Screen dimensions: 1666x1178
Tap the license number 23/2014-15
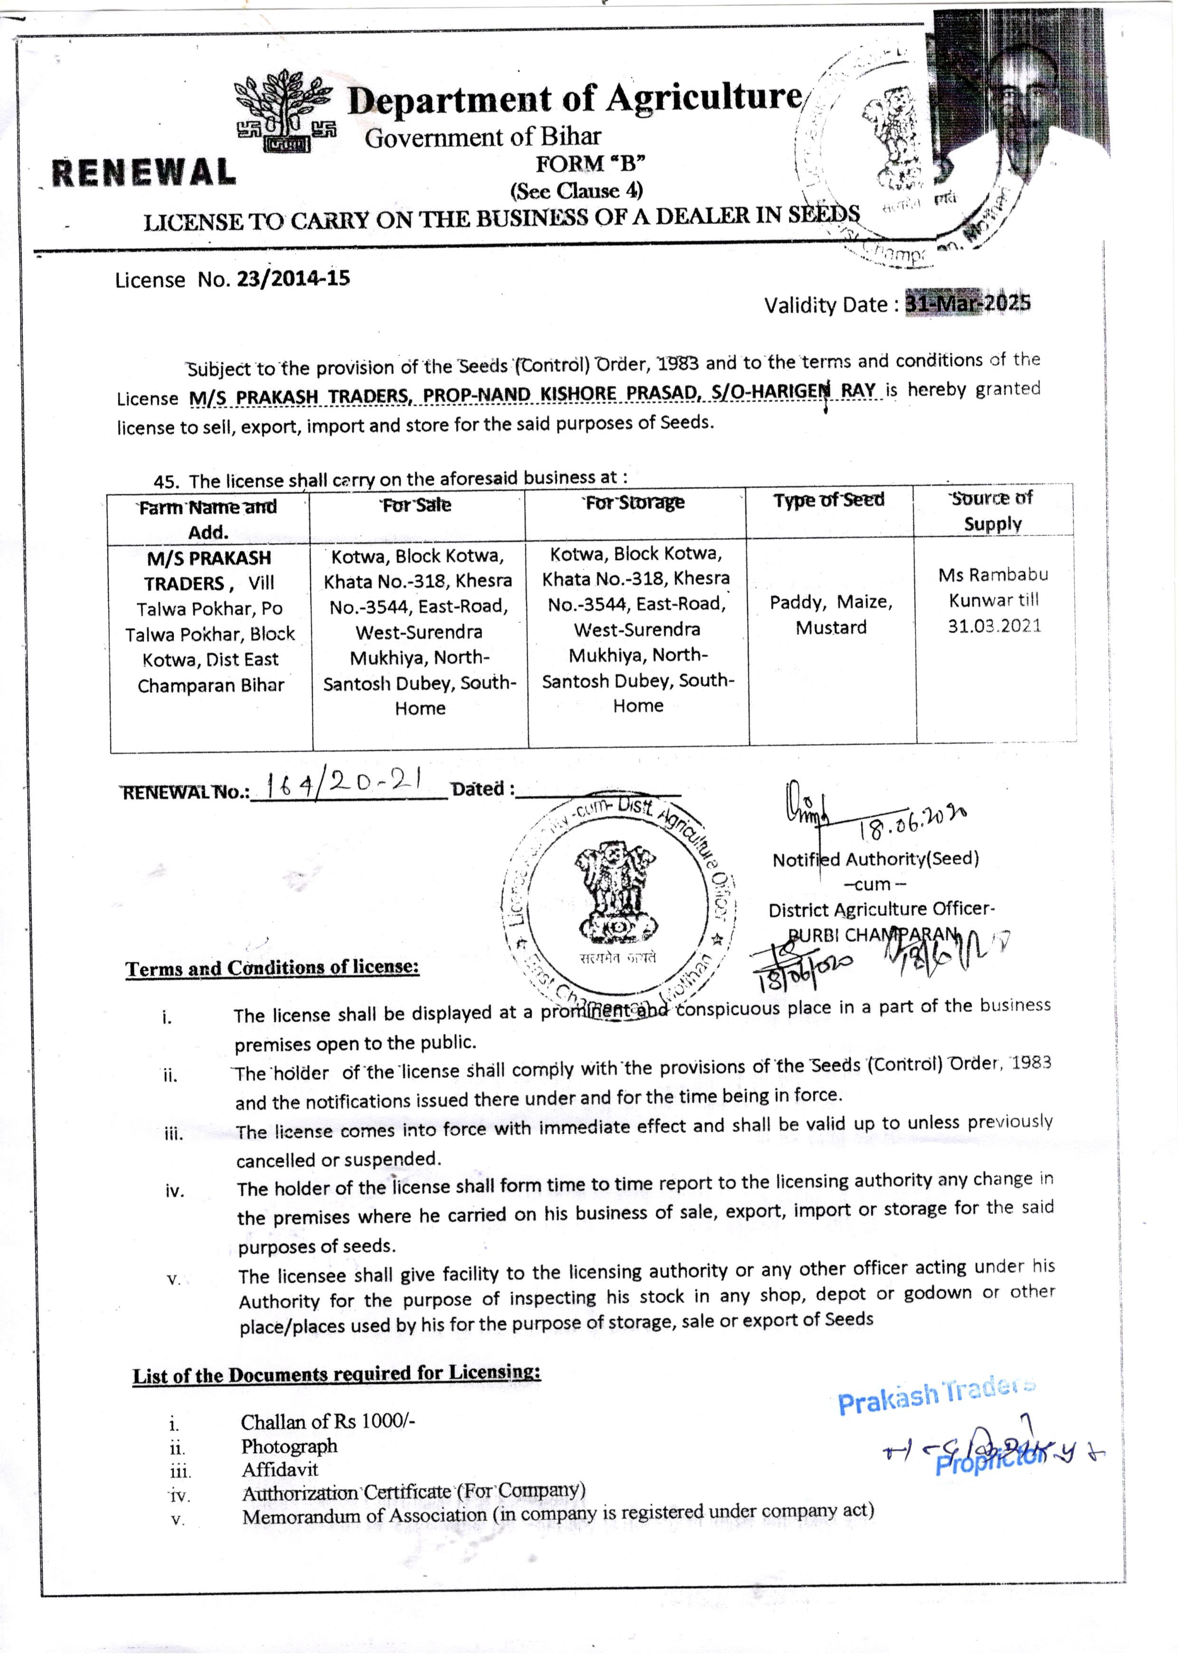point(293,279)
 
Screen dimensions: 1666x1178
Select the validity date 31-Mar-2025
point(968,303)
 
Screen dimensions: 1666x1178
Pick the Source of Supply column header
point(992,511)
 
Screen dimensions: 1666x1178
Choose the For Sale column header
point(417,505)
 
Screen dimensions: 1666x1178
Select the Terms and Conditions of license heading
point(272,969)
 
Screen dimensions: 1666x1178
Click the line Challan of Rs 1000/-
point(328,1421)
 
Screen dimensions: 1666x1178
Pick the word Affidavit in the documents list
point(280,1469)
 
